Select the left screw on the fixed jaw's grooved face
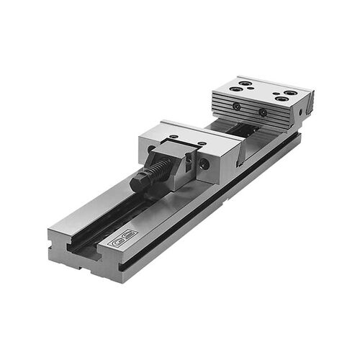pyautogui.click(x=236, y=106)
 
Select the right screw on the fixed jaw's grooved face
pyautogui.click(x=263, y=113)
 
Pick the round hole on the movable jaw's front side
pyautogui.click(x=204, y=164)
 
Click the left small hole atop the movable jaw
pyautogui.click(x=173, y=135)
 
